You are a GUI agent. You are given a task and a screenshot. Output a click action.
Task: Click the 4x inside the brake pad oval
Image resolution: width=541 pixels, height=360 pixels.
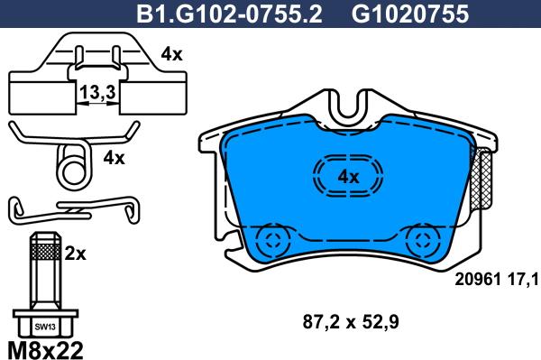348,177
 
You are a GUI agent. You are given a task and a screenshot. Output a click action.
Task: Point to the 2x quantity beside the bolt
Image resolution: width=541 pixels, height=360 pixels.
76,254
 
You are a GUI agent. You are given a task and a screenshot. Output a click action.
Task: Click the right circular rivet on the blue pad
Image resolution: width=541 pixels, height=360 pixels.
421,241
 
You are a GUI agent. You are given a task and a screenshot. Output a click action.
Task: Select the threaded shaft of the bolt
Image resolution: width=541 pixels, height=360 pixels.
45,275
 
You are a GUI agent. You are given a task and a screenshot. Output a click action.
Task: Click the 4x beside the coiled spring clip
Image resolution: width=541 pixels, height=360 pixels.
114,158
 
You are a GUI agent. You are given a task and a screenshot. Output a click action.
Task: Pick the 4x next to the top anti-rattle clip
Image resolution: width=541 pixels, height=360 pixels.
171,54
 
